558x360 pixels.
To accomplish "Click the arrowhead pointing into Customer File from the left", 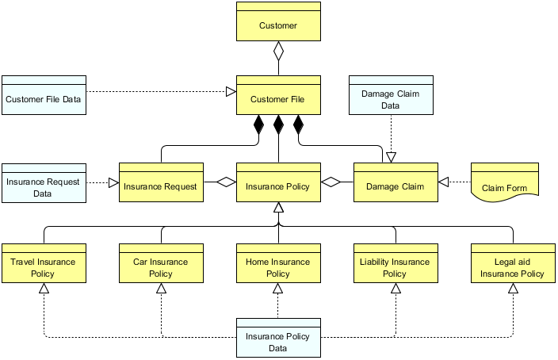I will [x=231, y=92].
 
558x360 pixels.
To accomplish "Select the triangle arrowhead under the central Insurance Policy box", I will [x=278, y=209].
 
